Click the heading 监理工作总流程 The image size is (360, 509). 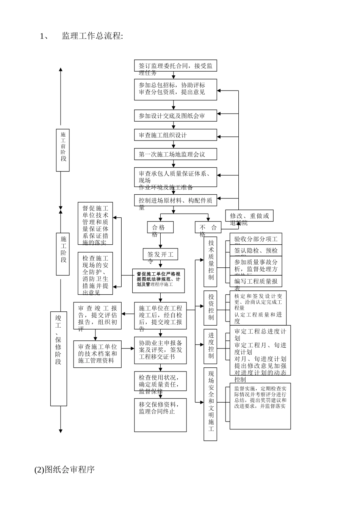(x=92, y=36)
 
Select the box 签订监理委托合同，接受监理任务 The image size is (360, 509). (x=175, y=66)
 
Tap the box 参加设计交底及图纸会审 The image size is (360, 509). (x=175, y=116)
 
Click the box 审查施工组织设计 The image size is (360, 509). (x=175, y=135)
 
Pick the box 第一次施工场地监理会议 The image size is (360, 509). (x=175, y=154)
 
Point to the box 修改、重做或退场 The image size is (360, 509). (x=249, y=216)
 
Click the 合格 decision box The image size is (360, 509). (x=160, y=227)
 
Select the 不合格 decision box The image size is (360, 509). (x=208, y=227)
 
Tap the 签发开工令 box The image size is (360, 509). (x=160, y=254)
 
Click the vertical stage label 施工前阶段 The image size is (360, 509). (x=63, y=149)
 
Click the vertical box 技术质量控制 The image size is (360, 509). (x=210, y=261)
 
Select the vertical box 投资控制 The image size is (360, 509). (x=210, y=308)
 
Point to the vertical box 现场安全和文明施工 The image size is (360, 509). (x=210, y=404)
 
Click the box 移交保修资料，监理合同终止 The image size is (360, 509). (x=160, y=415)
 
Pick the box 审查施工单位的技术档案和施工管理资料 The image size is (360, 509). (x=97, y=354)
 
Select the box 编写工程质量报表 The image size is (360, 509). (x=256, y=281)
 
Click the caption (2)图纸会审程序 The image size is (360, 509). (x=64, y=470)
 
